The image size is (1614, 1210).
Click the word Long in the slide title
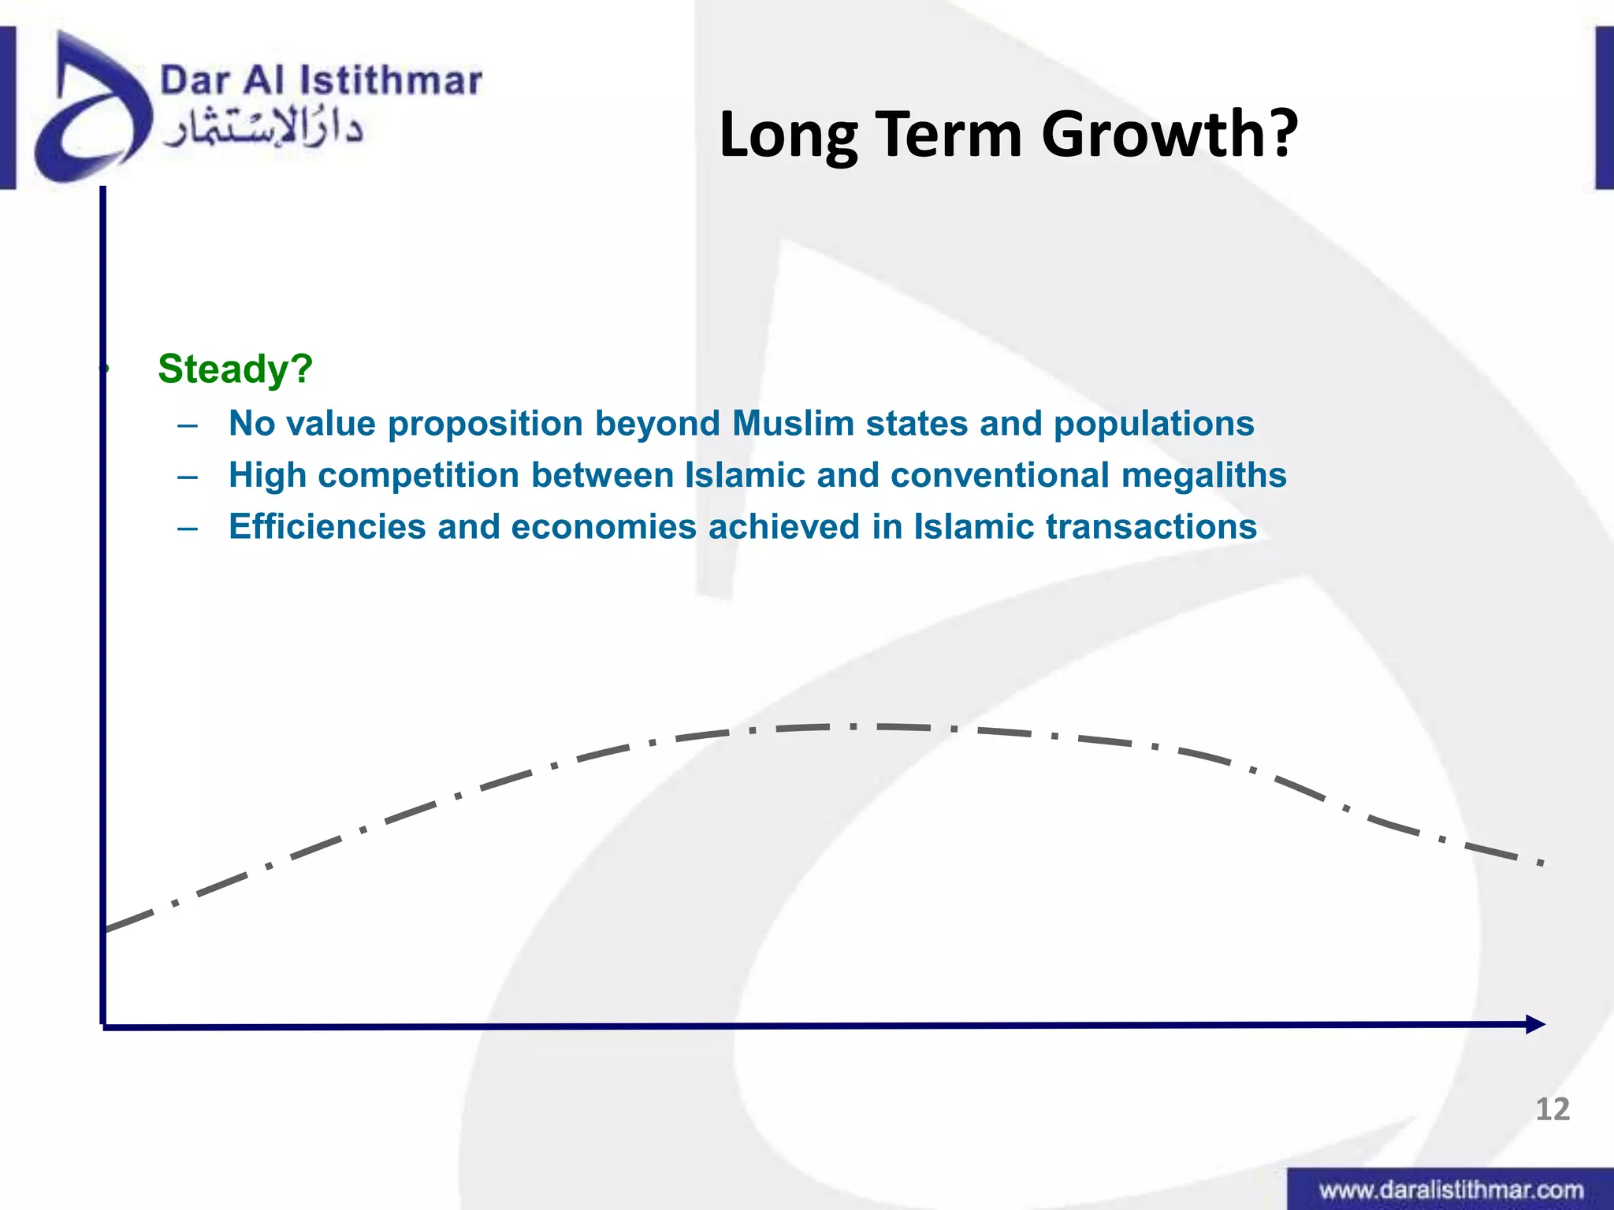[x=788, y=135]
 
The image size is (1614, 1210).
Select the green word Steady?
[x=235, y=369]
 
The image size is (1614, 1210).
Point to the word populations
[x=1154, y=424]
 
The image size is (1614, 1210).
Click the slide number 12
[x=1552, y=1110]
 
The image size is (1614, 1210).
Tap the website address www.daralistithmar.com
[x=1451, y=1190]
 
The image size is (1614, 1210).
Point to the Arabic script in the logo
[x=262, y=131]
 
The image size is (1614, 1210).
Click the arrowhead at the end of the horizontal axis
[x=1535, y=1024]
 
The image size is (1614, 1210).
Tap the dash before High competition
[x=188, y=477]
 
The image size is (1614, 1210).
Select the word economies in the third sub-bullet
[x=604, y=527]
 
